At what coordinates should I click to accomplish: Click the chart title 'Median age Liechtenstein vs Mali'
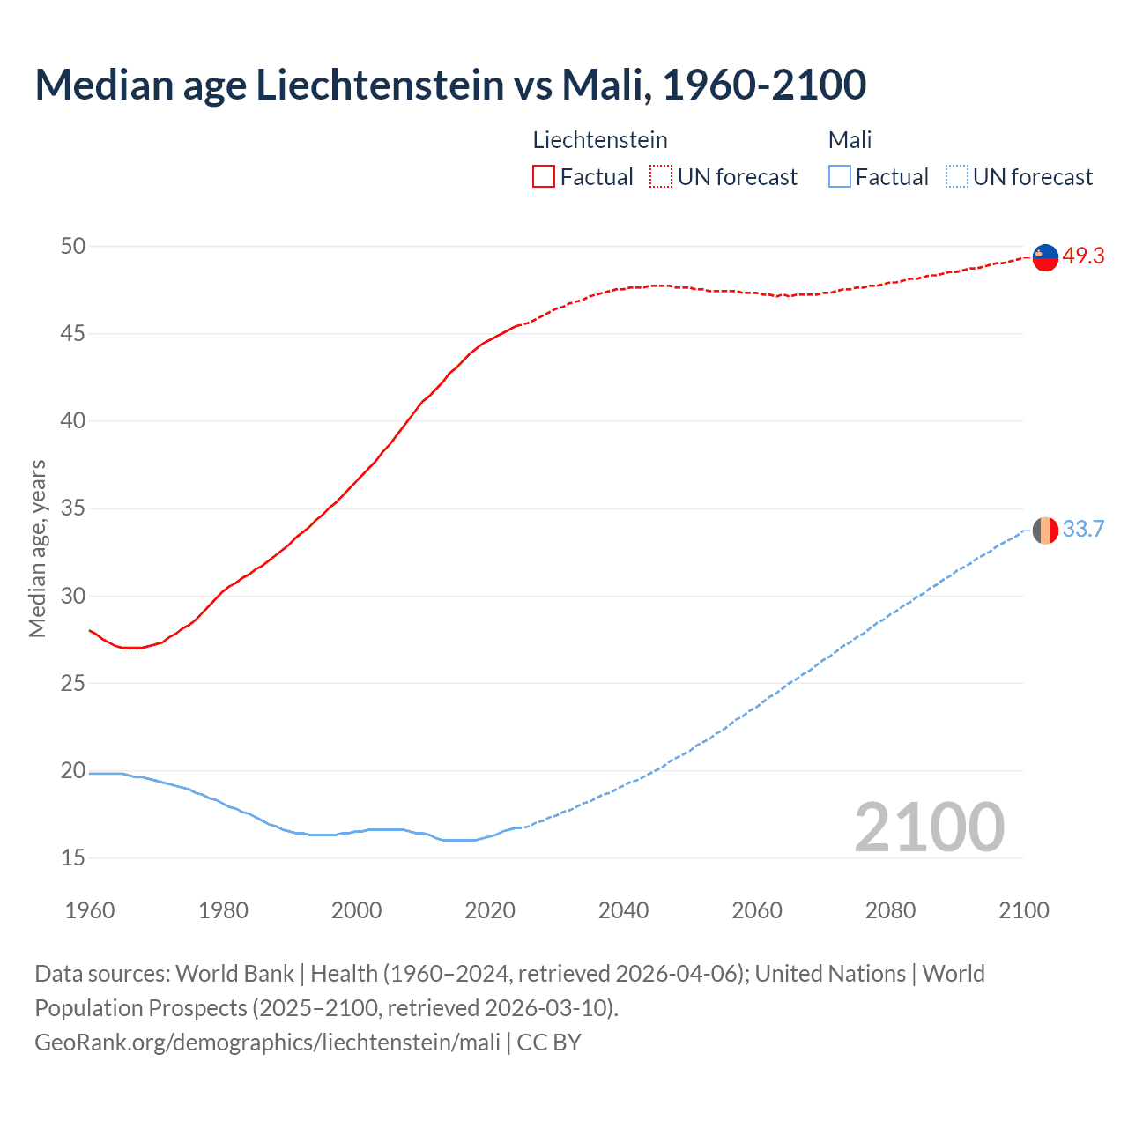[x=450, y=85]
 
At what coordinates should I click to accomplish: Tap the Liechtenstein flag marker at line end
[x=1045, y=257]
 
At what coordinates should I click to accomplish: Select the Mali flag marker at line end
[x=1045, y=531]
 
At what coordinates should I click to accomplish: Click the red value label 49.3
[x=1083, y=256]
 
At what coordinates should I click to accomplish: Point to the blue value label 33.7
[x=1083, y=530]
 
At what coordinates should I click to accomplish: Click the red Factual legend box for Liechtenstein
[x=544, y=177]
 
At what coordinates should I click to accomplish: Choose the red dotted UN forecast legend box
[x=661, y=177]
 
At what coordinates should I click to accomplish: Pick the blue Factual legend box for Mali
[x=840, y=177]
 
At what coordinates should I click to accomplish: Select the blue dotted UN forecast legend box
[x=957, y=177]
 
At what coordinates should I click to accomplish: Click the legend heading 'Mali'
[x=850, y=140]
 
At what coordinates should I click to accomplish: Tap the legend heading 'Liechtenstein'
[x=600, y=140]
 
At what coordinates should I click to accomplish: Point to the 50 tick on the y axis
[x=73, y=246]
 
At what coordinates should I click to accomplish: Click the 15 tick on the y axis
[x=73, y=857]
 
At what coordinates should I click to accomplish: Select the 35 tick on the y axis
[x=73, y=508]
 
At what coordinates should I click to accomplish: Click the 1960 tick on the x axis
[x=90, y=910]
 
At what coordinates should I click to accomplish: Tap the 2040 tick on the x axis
[x=623, y=910]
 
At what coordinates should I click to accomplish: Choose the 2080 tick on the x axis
[x=890, y=910]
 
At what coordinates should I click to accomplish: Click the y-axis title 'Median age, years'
[x=37, y=548]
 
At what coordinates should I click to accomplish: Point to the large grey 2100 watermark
[x=929, y=827]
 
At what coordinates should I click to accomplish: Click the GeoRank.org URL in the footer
[x=267, y=1043]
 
